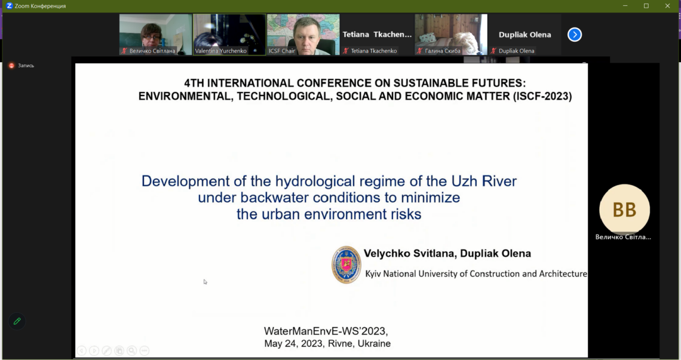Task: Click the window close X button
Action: (x=667, y=5)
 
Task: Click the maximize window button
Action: (x=646, y=5)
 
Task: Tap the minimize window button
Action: (x=625, y=5)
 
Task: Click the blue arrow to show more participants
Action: (x=574, y=34)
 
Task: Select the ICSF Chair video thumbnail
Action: (x=303, y=34)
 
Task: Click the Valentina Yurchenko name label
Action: (x=220, y=51)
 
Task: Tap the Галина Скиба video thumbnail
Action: (x=451, y=34)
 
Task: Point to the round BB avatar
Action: (x=624, y=210)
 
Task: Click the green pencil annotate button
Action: (x=17, y=321)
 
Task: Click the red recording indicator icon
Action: (x=12, y=66)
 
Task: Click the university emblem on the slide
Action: (x=346, y=264)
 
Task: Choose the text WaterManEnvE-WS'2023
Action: (x=326, y=331)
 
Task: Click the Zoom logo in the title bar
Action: (x=9, y=5)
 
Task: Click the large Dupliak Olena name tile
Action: (x=524, y=34)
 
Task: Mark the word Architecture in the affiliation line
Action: (x=563, y=273)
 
